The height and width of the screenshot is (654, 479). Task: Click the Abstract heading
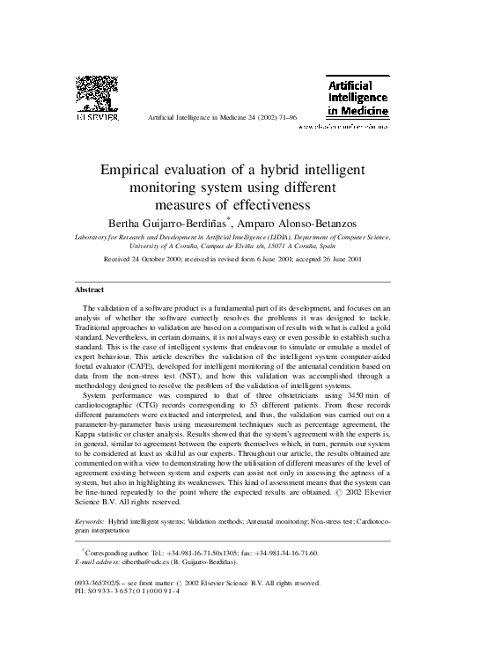(x=89, y=289)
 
